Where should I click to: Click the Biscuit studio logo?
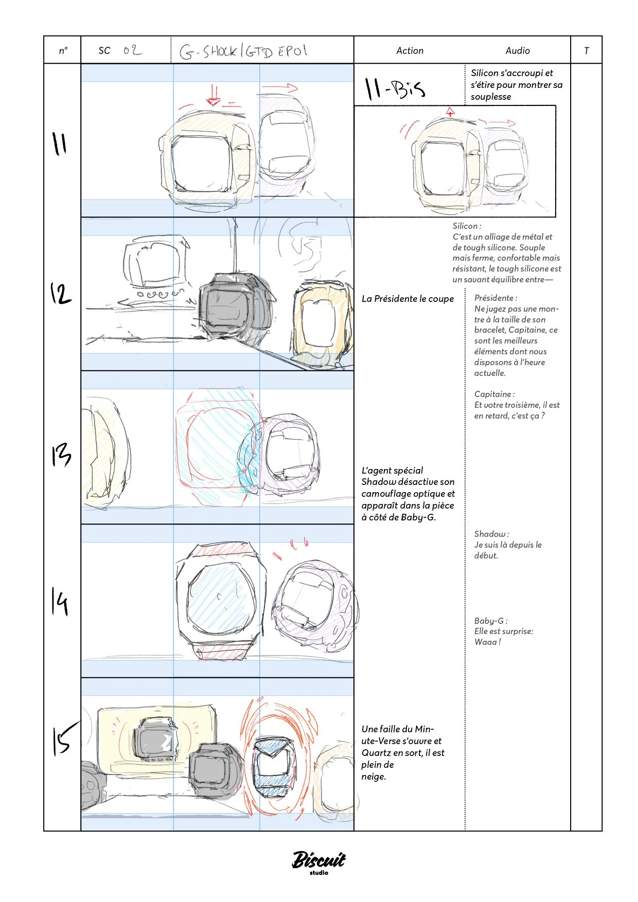(x=319, y=862)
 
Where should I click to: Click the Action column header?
(x=410, y=50)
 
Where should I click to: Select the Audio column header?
(x=517, y=50)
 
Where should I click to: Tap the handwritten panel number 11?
(x=60, y=143)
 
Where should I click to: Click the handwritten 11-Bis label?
(x=395, y=89)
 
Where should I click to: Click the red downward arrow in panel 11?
(x=213, y=95)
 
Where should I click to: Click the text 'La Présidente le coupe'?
(x=407, y=299)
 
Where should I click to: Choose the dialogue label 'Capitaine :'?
(x=494, y=394)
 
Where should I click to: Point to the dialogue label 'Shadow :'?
(x=491, y=534)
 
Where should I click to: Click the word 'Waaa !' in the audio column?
(x=487, y=642)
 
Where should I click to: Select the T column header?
(x=586, y=50)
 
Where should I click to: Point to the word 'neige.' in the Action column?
(x=374, y=777)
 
